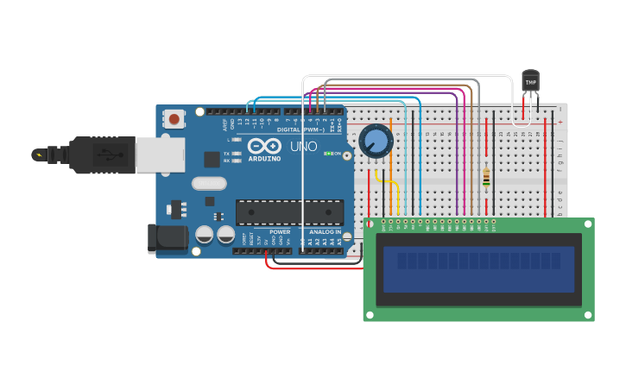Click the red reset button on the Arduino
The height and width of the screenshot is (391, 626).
pyautogui.click(x=175, y=118)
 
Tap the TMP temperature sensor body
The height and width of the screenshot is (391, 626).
pyautogui.click(x=530, y=81)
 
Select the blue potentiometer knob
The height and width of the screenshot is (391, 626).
pyautogui.click(x=376, y=140)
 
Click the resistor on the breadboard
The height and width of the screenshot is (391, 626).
pyautogui.click(x=487, y=177)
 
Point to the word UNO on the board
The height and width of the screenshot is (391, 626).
pyautogui.click(x=303, y=147)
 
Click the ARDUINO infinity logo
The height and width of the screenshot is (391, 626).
pyautogui.click(x=264, y=146)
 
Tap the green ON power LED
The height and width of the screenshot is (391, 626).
pyautogui.click(x=329, y=154)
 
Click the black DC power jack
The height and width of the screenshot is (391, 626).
pyautogui.click(x=167, y=238)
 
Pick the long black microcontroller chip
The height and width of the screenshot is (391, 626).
pyautogui.click(x=289, y=212)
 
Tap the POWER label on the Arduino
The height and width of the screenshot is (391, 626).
pyautogui.click(x=280, y=231)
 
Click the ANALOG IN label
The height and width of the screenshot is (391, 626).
pyautogui.click(x=321, y=231)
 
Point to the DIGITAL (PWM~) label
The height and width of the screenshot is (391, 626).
pyautogui.click(x=300, y=129)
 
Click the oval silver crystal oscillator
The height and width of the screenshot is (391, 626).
pyautogui.click(x=209, y=183)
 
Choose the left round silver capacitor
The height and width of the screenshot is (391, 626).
pyautogui.click(x=205, y=235)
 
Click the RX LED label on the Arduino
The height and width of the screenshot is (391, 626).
pyautogui.click(x=227, y=161)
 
